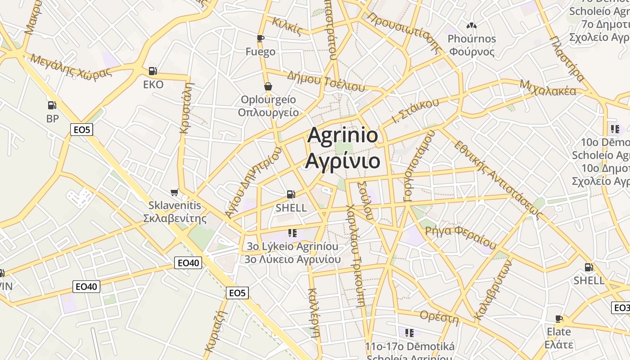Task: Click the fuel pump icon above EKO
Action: (x=153, y=71)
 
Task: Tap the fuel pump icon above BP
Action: (x=52, y=105)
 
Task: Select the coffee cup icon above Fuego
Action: (x=261, y=38)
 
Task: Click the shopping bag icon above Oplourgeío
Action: (x=268, y=86)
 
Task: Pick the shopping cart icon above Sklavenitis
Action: (x=175, y=192)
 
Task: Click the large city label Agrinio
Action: (x=342, y=135)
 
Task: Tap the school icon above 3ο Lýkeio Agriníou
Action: (x=292, y=233)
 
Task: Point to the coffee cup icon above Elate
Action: (x=559, y=319)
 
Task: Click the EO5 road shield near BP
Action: (x=82, y=130)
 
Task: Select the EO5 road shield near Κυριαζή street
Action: (x=237, y=293)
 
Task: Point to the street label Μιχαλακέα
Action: (x=548, y=88)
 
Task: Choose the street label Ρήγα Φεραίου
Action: (x=460, y=238)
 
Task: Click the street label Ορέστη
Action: (x=439, y=318)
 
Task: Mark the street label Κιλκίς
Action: (x=287, y=26)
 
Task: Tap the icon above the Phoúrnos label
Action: (x=471, y=26)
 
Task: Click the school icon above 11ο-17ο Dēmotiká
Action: (x=409, y=333)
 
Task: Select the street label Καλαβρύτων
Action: (x=493, y=290)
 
